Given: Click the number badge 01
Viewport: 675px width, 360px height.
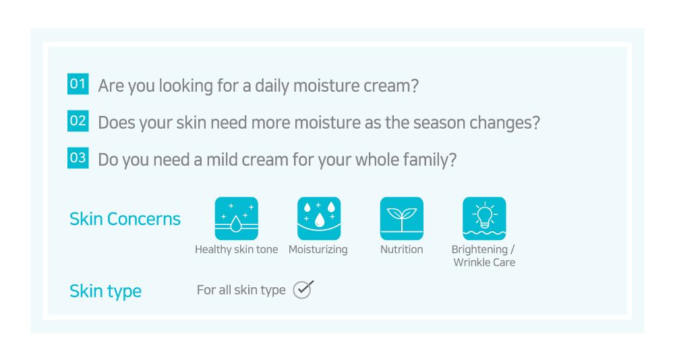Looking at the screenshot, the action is tap(78, 84).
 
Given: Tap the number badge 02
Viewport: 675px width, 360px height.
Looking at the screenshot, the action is tap(78, 121).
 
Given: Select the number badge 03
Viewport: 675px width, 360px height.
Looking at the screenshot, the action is tap(78, 158).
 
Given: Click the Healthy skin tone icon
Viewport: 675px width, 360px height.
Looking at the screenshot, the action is tap(236, 218).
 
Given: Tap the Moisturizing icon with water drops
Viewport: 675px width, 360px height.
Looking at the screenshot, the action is tap(319, 218).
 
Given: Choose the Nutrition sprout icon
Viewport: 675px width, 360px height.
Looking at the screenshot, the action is tap(402, 218).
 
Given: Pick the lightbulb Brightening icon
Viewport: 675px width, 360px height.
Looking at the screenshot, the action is tap(484, 218).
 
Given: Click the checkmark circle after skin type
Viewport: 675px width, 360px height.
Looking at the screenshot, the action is tap(303, 289).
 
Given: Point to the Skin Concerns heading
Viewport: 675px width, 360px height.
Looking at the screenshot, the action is tap(125, 218).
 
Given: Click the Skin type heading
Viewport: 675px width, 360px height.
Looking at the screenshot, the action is tap(105, 291).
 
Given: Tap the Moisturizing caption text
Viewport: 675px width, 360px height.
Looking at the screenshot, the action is tap(318, 249).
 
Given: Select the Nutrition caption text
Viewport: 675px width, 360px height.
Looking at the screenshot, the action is tap(402, 249).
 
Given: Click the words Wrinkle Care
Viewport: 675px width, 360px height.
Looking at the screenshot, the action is tap(484, 262).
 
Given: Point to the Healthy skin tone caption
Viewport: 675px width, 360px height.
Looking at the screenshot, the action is tap(236, 249).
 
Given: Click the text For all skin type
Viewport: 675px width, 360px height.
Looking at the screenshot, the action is tap(241, 291).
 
